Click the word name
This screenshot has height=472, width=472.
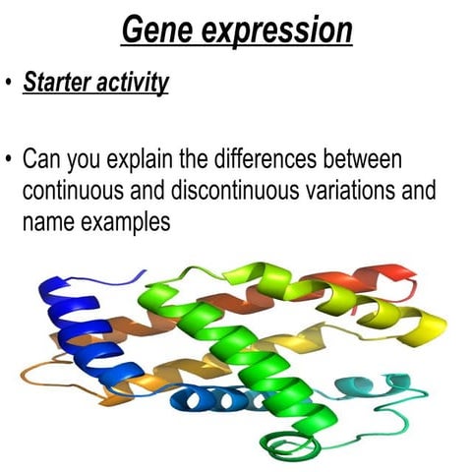tap(45, 222)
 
